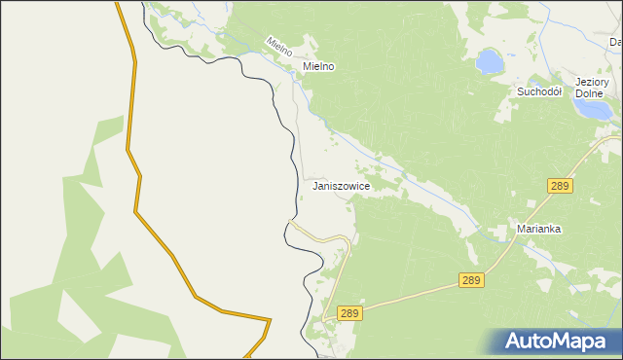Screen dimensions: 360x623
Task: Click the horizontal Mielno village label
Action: (318, 66)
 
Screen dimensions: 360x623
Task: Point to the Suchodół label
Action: (539, 91)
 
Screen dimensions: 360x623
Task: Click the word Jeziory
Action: (592, 82)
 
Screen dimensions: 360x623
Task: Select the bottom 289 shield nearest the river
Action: (350, 313)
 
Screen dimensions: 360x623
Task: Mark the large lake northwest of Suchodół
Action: (489, 63)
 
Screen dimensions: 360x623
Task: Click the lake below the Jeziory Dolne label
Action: (595, 109)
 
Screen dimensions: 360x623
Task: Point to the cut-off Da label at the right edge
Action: (615, 42)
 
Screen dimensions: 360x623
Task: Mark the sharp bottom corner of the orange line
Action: (270, 319)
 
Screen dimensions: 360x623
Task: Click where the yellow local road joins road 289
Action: (332, 310)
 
